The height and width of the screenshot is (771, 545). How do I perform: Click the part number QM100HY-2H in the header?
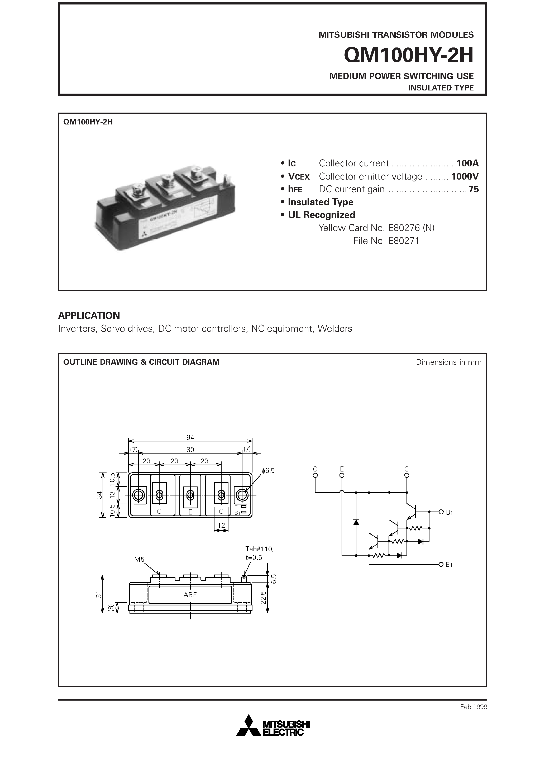[x=409, y=55]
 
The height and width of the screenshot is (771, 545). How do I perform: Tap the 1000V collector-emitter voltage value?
[x=465, y=176]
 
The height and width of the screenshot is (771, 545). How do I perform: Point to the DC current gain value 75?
[x=474, y=189]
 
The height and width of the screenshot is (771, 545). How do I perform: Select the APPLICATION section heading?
[x=89, y=315]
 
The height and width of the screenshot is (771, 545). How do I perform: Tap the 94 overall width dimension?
[x=190, y=437]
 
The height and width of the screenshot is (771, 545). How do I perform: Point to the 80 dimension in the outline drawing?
[x=190, y=450]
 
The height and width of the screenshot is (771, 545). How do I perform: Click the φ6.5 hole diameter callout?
[x=268, y=470]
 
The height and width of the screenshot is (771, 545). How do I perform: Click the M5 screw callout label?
[x=139, y=559]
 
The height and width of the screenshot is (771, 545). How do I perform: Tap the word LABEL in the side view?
[x=190, y=595]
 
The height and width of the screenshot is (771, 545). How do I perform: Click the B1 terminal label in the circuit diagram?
[x=449, y=513]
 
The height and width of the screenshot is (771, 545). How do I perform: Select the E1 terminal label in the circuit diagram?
[x=449, y=565]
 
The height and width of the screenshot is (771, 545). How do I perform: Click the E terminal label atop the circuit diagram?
[x=342, y=469]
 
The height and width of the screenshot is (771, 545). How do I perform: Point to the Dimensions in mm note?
[x=448, y=362]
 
